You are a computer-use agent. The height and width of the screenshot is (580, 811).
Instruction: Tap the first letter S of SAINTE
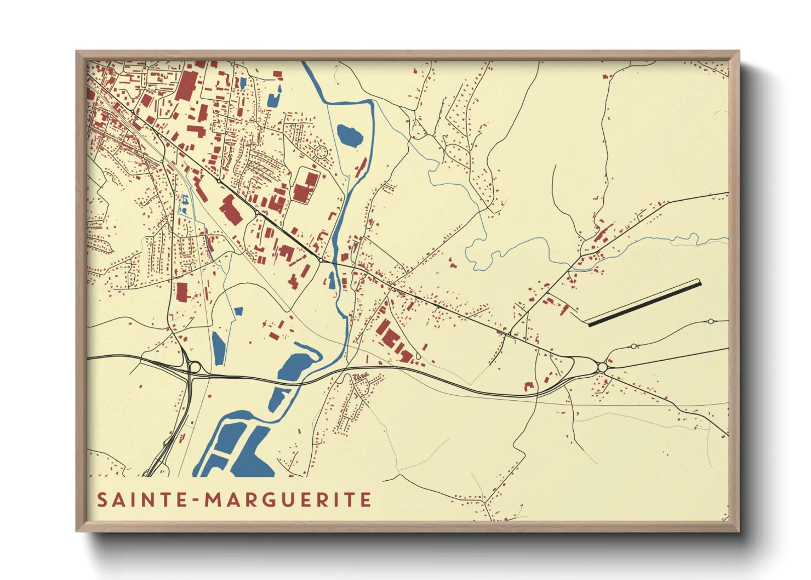point(102,500)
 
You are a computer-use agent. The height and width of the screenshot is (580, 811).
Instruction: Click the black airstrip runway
point(644,303)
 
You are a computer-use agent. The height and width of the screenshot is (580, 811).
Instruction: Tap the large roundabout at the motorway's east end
point(602,367)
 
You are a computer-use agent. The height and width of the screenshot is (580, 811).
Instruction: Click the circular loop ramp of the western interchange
point(195,366)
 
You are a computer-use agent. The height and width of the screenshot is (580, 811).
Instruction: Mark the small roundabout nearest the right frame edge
point(711,321)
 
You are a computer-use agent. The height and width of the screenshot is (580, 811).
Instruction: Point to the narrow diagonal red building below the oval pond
point(361,167)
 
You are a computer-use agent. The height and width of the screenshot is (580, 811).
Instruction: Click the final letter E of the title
point(366,500)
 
